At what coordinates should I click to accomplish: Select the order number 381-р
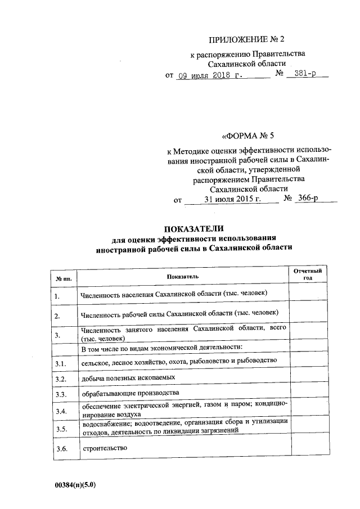tap(307, 75)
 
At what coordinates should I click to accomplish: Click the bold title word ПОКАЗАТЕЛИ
tap(194, 229)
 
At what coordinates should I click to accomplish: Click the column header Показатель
tap(182, 276)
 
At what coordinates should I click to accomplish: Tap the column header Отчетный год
tap(308, 274)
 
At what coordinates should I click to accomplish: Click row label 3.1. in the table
tap(61, 365)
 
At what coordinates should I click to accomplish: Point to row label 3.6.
tap(61, 449)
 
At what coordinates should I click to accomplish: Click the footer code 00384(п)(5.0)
tap(76, 484)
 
